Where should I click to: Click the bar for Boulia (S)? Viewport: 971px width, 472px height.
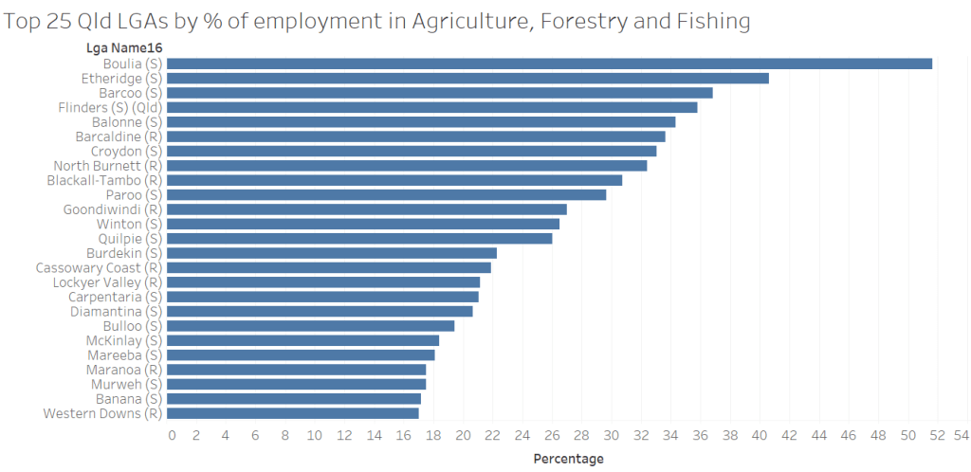(x=549, y=64)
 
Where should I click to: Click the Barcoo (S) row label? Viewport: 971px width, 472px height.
(x=130, y=93)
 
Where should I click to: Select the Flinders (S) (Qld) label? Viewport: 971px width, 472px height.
(x=110, y=107)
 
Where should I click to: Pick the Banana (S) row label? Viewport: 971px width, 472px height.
(x=128, y=399)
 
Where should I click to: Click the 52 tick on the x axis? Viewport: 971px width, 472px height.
(x=939, y=435)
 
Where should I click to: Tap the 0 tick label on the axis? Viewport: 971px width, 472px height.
(x=172, y=435)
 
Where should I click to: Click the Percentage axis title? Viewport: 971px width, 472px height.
(x=568, y=459)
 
